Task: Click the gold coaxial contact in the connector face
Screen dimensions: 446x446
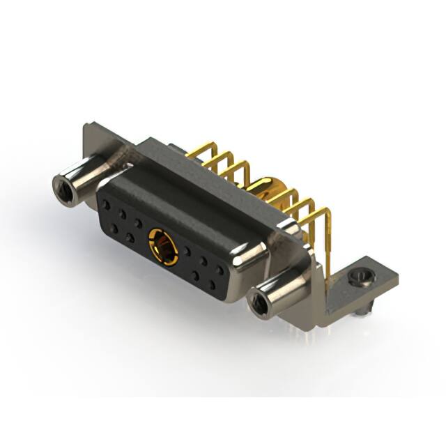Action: click(163, 246)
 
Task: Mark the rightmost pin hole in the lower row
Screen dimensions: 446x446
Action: click(211, 284)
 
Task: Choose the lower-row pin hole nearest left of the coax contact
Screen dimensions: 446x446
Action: click(130, 238)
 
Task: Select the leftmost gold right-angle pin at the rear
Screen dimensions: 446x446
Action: click(199, 149)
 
